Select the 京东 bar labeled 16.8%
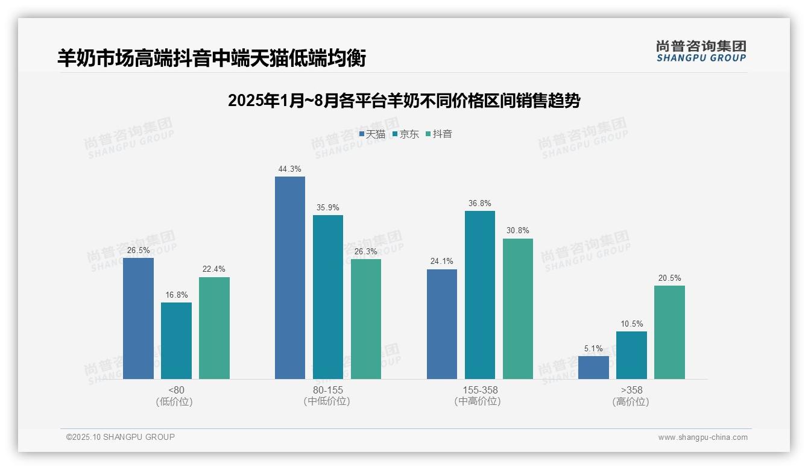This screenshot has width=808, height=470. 176,340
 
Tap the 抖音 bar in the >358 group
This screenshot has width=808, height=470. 669,332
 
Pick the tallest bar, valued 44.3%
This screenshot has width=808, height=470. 290,278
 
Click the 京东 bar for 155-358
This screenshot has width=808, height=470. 480,295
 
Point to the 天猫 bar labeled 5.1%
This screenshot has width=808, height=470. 593,367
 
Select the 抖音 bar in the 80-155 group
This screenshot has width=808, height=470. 366,319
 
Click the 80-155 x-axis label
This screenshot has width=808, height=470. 327,390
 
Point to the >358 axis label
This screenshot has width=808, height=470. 631,390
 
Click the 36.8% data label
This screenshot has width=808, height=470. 480,204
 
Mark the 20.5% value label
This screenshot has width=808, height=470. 669,278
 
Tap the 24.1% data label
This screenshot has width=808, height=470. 442,262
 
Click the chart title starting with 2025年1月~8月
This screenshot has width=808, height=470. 403,101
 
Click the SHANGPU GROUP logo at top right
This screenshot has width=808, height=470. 701,51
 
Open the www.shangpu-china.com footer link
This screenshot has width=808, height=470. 702,437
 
